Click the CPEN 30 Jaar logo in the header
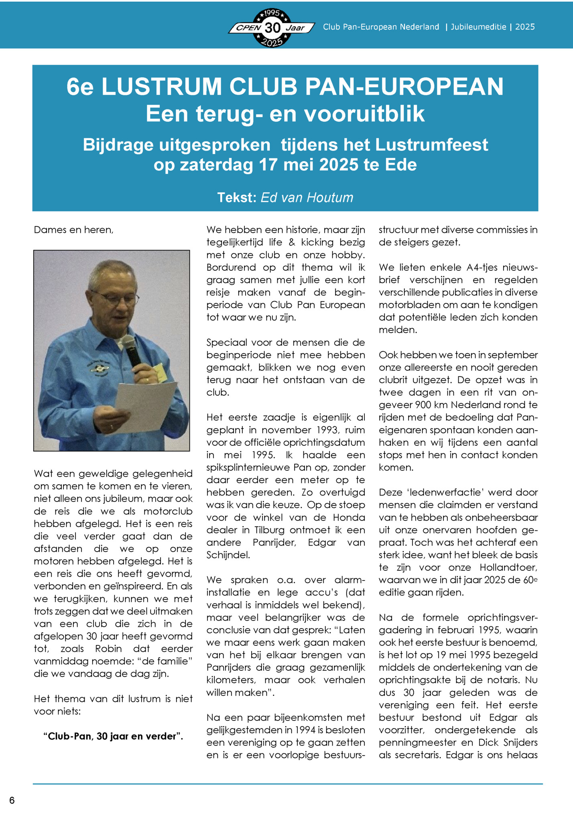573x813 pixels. (272, 28)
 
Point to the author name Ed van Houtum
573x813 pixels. (307, 198)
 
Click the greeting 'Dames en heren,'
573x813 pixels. (73, 230)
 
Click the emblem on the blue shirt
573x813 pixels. (99, 368)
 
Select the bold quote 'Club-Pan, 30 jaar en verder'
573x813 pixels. (113, 736)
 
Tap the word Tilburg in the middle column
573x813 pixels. (270, 530)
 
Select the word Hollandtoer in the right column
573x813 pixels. (508, 568)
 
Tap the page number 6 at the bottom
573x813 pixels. (12, 800)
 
